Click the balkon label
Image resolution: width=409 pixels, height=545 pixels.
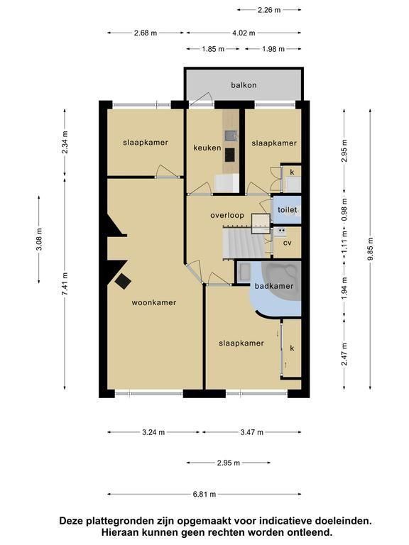click(244, 85)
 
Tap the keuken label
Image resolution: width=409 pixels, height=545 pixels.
click(207, 148)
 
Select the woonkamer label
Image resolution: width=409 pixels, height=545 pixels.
click(154, 302)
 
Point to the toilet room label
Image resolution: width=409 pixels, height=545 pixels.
click(288, 209)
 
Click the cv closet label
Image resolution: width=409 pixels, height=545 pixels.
click(288, 243)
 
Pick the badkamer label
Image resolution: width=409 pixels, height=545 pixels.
click(274, 286)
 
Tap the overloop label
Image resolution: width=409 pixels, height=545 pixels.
click(227, 216)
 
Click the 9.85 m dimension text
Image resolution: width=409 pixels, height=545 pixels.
click(370, 248)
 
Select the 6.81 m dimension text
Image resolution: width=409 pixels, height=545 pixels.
click(204, 494)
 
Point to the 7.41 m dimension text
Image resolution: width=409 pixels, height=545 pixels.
click(65, 284)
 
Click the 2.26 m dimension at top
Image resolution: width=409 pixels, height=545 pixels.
click(269, 10)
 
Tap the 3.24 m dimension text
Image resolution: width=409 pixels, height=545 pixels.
click(153, 432)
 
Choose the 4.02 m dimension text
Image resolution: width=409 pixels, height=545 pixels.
click(244, 33)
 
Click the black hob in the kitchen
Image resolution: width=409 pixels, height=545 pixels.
click(229, 155)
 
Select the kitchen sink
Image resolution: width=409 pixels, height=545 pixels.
click(231, 135)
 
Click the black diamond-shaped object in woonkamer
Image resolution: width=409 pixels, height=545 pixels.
click(123, 281)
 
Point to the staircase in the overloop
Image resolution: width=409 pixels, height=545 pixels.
click(241, 242)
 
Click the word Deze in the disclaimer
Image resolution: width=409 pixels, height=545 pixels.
click(72, 521)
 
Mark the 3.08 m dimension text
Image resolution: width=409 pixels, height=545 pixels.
click(39, 239)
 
